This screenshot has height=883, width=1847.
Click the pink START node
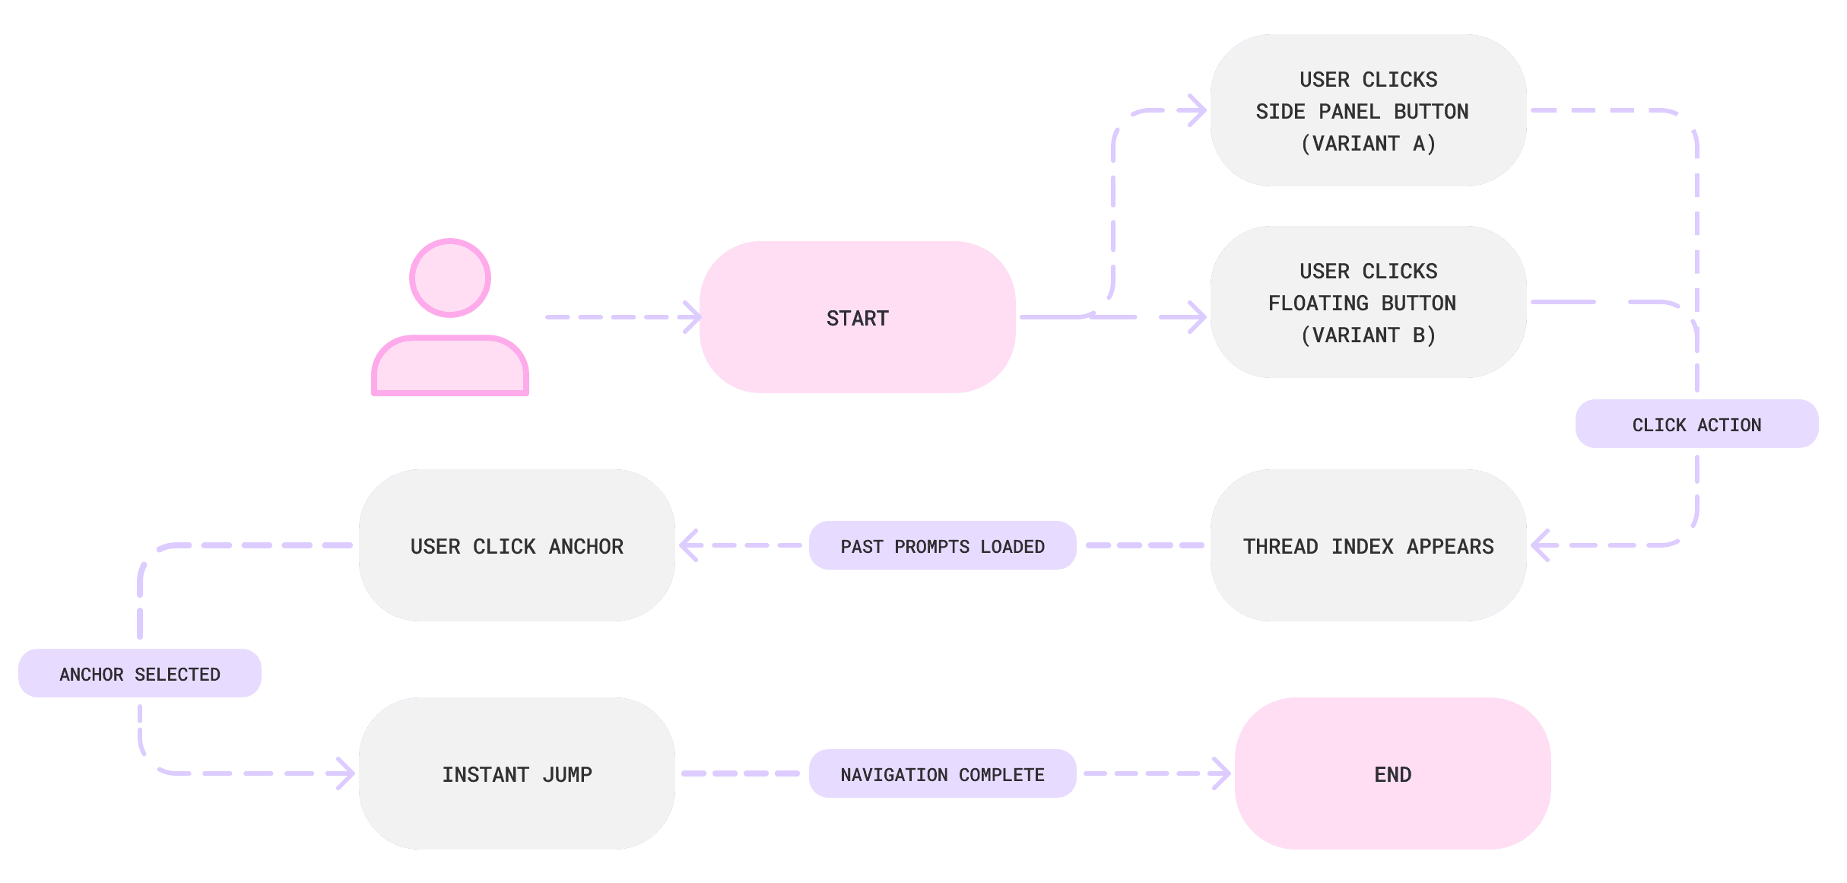click(857, 317)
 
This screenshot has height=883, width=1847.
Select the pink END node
click(1392, 773)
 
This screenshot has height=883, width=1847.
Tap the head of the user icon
click(450, 278)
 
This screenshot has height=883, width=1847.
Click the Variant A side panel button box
click(1368, 110)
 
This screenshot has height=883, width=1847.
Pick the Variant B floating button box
click(1368, 302)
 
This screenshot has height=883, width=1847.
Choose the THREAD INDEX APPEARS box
click(1368, 545)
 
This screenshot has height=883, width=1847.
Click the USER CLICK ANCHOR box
click(516, 545)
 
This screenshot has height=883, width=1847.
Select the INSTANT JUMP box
click(516, 773)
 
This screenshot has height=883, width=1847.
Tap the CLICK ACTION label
click(1696, 424)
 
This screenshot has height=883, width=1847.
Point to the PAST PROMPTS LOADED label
click(942, 545)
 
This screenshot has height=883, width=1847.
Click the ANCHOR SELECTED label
click(140, 673)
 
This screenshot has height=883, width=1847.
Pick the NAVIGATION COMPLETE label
click(942, 773)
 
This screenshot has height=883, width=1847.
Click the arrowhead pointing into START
click(690, 317)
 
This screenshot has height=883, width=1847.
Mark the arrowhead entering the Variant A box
click(1197, 110)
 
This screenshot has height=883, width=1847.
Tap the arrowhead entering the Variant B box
click(1197, 317)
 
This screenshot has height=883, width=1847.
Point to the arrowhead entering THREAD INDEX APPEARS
click(1541, 545)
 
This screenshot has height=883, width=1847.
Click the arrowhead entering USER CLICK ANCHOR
click(689, 545)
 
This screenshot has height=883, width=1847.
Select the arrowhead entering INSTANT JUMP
click(345, 773)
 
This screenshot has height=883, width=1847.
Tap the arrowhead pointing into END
click(1221, 773)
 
